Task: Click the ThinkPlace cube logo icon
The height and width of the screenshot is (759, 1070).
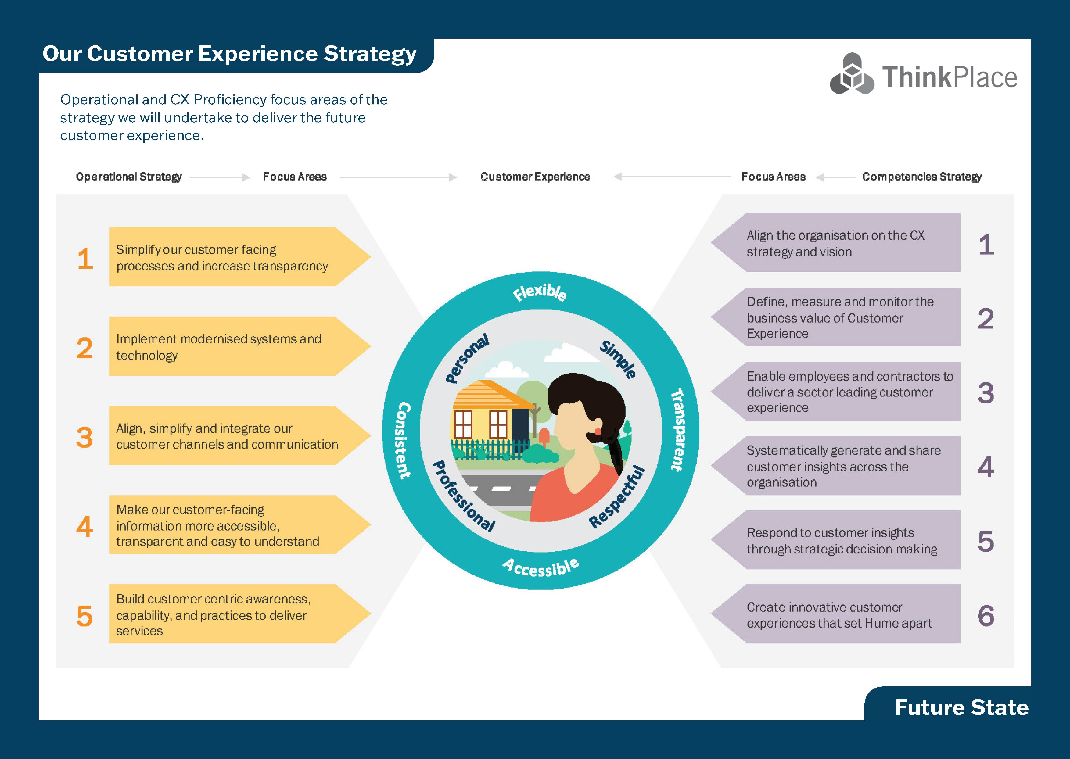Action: click(x=852, y=74)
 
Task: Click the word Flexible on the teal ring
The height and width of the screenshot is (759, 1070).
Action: click(x=540, y=292)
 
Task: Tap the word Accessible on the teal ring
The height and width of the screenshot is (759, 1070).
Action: click(x=541, y=567)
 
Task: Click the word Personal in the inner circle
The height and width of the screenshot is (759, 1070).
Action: click(x=466, y=358)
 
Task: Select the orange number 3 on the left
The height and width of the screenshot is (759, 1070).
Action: click(x=84, y=438)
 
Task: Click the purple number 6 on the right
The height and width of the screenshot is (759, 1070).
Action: click(x=986, y=615)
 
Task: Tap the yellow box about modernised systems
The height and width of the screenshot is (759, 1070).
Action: click(x=224, y=347)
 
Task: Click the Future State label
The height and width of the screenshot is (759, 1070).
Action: click(x=961, y=707)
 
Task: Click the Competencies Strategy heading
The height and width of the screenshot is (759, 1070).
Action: click(x=921, y=177)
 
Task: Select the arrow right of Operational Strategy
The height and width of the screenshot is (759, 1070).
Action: click(x=220, y=177)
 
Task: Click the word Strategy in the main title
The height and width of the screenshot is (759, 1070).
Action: click(x=370, y=54)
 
